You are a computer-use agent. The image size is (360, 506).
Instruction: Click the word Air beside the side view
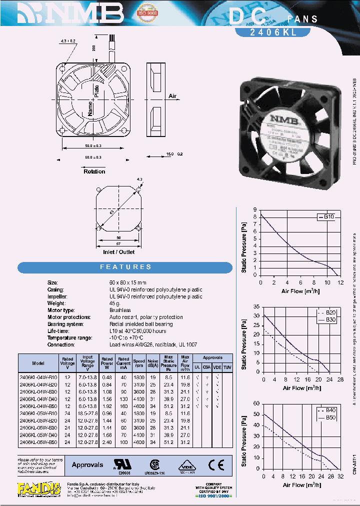[x=172, y=96]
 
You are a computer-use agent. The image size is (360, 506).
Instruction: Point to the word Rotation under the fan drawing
[x=94, y=171]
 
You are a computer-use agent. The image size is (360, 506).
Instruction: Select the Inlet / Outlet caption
[x=118, y=252]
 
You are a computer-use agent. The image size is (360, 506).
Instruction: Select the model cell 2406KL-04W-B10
[x=38, y=377]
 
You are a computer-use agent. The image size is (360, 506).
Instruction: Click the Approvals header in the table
[x=212, y=358]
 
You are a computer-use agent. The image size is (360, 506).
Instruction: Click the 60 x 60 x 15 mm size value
[x=128, y=283]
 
